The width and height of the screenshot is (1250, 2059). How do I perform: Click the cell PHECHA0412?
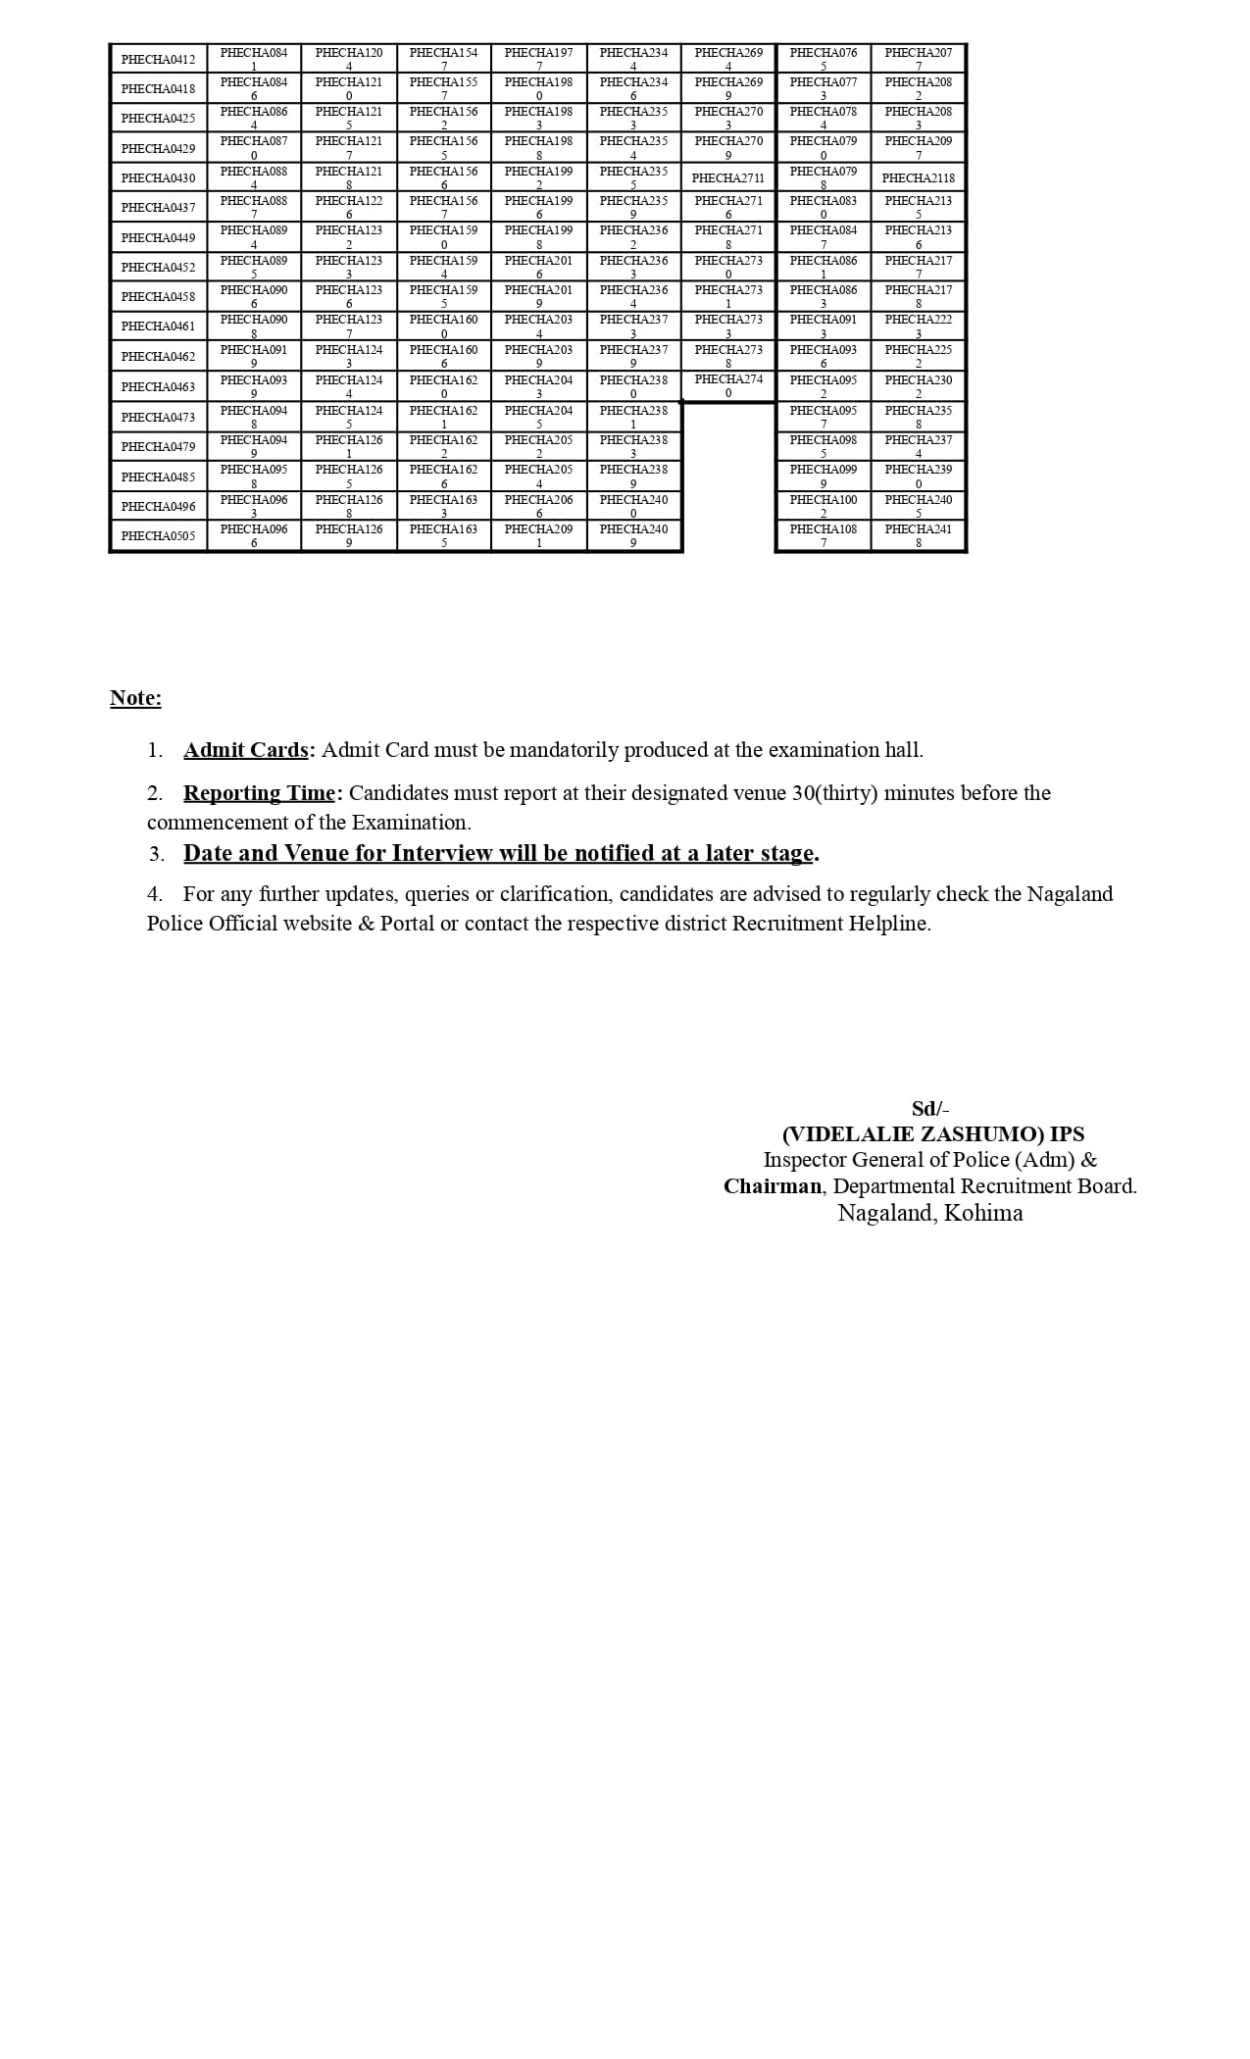coord(158,60)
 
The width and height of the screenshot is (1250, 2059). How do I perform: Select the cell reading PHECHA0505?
coord(158,536)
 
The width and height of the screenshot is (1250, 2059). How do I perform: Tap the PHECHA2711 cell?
coord(727,178)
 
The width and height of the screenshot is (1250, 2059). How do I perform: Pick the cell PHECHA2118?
coord(918,178)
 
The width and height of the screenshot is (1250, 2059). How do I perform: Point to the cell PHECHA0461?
coord(158,326)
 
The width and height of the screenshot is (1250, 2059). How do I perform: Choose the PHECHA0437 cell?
coord(158,208)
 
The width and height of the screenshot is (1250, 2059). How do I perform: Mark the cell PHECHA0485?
coord(158,477)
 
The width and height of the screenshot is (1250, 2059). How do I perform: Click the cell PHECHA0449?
coord(158,238)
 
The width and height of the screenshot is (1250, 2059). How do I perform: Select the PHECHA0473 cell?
coord(158,418)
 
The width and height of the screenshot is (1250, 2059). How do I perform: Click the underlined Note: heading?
coord(135,698)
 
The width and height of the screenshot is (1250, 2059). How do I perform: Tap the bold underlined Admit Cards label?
coord(246,750)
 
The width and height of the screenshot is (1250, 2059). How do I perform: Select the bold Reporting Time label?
coord(259,793)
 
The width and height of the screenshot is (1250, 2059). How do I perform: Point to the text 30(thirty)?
coord(834,793)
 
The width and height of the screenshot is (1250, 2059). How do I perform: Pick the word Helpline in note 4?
coord(888,924)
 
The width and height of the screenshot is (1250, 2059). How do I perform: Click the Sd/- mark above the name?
coord(930,1109)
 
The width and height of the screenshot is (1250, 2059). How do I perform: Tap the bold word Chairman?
coord(772,1186)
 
